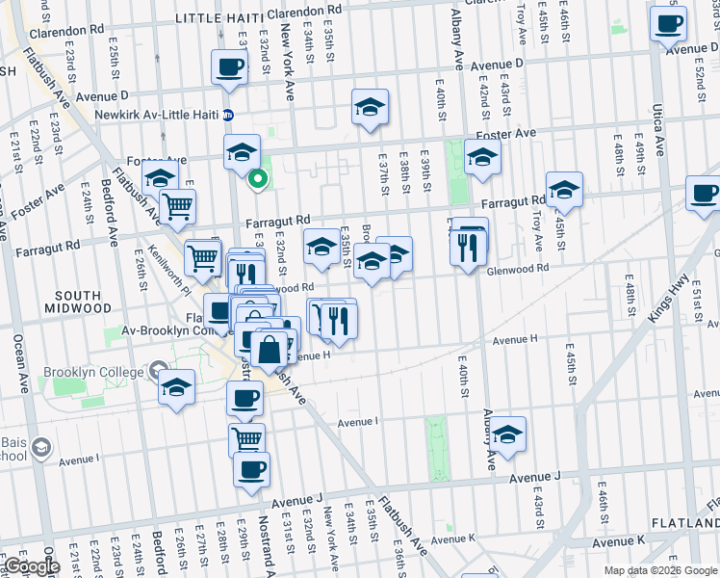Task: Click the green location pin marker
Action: (x=257, y=177)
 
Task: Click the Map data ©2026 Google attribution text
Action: (x=660, y=570)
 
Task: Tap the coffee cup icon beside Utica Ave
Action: (x=668, y=23)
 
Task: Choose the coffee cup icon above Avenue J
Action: (x=251, y=469)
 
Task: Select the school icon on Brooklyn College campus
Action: (x=175, y=388)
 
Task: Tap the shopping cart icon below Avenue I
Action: (x=247, y=439)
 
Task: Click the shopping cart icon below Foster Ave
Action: (x=176, y=205)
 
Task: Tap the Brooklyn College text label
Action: (x=90, y=371)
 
